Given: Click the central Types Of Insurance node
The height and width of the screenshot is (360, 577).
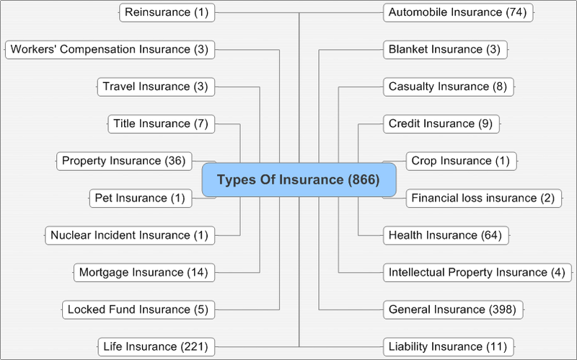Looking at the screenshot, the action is pos(299,180).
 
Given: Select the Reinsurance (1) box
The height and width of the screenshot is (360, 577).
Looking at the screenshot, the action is pos(167,12).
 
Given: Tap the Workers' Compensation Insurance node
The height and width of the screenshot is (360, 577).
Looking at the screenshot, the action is pos(110,50).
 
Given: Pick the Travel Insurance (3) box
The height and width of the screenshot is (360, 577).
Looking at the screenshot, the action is pos(156,87).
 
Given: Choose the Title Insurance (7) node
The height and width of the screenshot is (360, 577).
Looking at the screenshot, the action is pos(161,124).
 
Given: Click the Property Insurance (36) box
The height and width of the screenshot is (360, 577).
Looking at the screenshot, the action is pos(124,161).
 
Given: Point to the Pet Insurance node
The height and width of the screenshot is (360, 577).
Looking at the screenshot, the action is pos(141,198).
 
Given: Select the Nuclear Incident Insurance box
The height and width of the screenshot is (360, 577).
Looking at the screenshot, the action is pos(130,236).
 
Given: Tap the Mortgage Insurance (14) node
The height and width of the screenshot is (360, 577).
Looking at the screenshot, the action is pos(144,273).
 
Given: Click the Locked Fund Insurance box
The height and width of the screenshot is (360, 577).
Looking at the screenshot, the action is pos(138,310).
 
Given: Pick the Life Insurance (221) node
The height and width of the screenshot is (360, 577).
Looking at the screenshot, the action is pos(157,347).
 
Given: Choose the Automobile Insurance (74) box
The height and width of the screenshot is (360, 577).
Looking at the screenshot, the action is pos(458,12).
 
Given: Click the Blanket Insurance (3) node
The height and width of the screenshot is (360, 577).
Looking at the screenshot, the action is pos(445,50).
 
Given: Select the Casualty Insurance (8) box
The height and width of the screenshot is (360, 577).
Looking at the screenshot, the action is pos(449,87).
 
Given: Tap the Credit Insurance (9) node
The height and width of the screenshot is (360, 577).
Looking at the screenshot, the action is pos(441,124).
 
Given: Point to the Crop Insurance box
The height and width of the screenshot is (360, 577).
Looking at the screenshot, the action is pos(462,161).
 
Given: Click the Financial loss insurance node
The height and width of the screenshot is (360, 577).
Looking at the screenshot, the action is pos(484,198).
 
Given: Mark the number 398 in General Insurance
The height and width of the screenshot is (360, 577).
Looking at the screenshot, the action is pos(502,310).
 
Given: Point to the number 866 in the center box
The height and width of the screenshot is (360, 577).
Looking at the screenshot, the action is pos(364,180).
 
